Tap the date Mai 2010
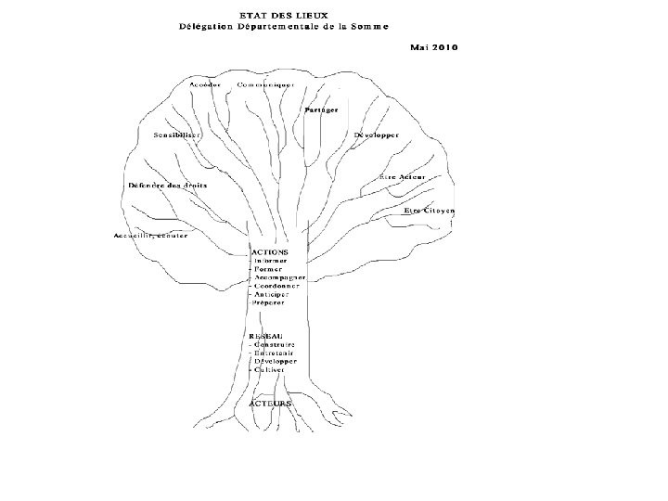(432, 46)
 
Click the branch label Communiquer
(265, 84)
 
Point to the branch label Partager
(320, 110)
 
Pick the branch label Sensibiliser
(179, 135)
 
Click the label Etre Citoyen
(430, 211)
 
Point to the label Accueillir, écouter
(150, 235)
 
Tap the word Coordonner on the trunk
(277, 287)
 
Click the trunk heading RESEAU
(266, 335)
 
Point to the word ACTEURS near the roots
(271, 405)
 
